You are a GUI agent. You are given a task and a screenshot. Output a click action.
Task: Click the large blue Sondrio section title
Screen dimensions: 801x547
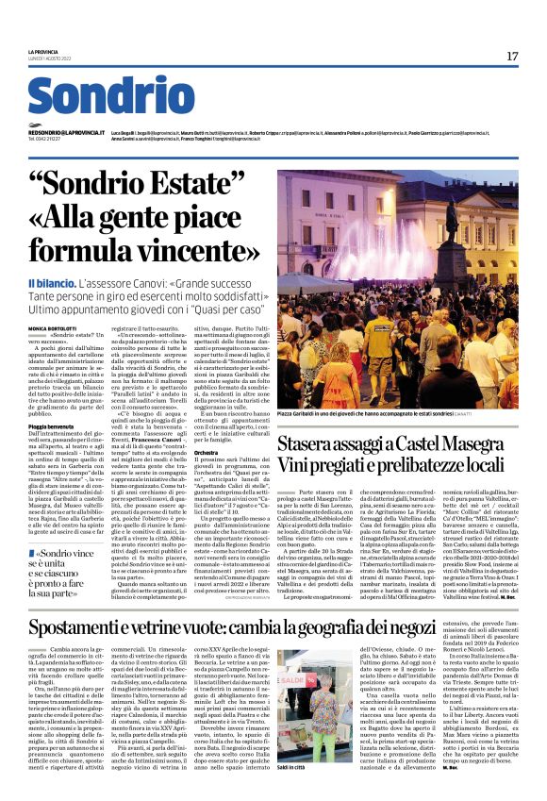(111, 97)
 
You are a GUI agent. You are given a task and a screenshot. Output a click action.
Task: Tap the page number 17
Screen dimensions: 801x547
(512, 57)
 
